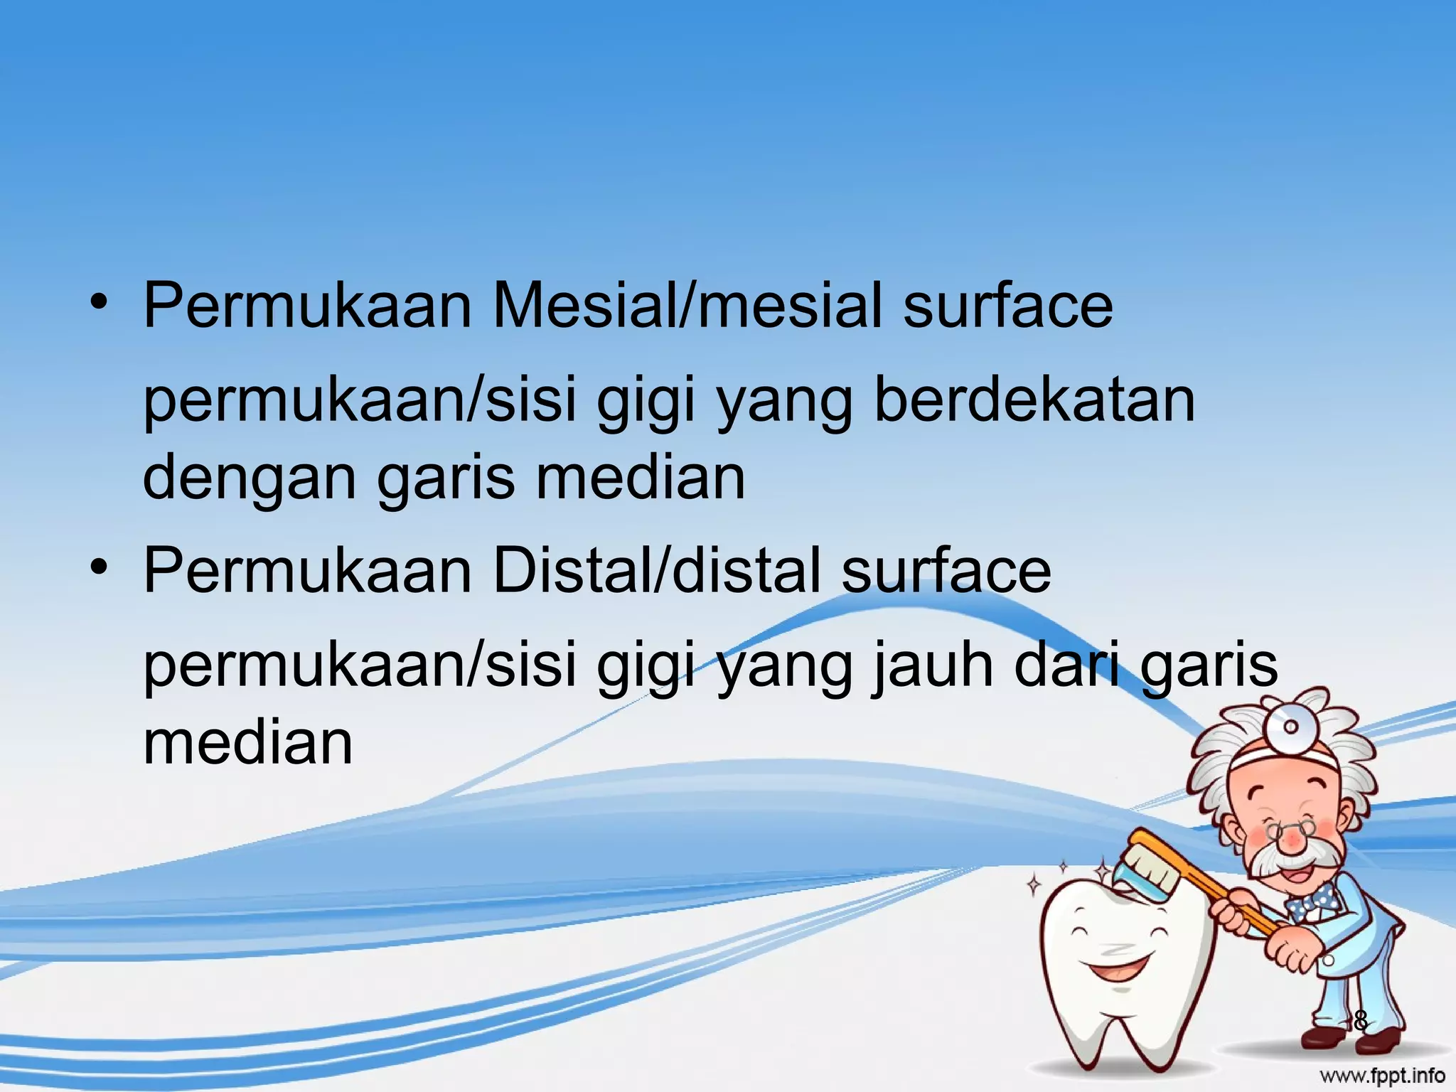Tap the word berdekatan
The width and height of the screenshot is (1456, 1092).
tap(1034, 400)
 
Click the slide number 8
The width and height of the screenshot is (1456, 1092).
tap(1359, 1021)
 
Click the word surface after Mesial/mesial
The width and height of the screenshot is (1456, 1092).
tap(1007, 306)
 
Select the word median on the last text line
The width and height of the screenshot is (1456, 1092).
tap(248, 743)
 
